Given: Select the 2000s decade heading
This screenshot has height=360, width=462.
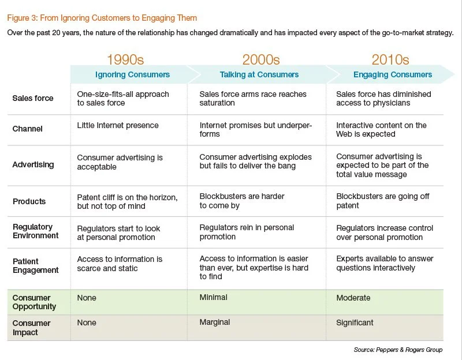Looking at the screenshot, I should (x=260, y=59).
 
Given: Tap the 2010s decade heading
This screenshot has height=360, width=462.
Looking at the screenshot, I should (x=390, y=59).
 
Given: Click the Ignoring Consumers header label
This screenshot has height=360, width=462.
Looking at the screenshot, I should (x=132, y=74).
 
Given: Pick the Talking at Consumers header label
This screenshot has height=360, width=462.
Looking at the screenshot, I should (x=259, y=74).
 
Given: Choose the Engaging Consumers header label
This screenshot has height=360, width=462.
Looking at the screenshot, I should (x=393, y=74).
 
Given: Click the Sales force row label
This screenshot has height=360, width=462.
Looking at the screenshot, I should (x=32, y=98).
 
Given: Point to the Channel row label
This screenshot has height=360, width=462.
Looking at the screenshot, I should (x=28, y=129).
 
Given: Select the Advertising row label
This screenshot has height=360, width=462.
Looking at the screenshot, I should (x=33, y=164).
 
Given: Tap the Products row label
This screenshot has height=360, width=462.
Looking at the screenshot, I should (x=29, y=201).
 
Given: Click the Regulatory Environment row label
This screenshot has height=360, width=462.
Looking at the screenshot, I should (x=36, y=231).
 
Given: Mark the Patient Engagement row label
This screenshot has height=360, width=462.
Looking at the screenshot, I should (x=36, y=265).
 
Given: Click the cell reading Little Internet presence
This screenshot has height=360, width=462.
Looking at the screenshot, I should (x=118, y=125).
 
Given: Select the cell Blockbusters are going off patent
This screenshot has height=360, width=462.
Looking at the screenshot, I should (x=382, y=201).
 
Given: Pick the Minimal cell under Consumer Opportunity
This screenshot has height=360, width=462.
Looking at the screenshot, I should (x=213, y=298).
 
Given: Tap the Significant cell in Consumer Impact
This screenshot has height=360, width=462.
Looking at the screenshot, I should (x=355, y=323).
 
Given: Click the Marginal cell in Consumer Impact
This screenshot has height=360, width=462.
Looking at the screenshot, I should (x=215, y=323).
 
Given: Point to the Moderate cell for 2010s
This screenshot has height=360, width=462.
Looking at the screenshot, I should (x=353, y=298).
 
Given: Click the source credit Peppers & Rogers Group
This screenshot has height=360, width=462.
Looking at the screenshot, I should (x=398, y=350).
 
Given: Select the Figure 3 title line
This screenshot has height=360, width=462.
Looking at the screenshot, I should (x=102, y=18).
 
